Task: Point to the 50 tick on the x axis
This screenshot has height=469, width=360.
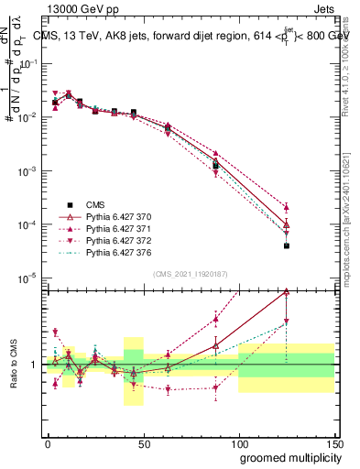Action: pos(143,443)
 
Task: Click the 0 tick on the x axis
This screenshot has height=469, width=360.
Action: pos(48,443)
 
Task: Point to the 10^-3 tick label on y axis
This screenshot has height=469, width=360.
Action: pos(29,171)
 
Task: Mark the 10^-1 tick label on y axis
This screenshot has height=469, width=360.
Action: pos(29,64)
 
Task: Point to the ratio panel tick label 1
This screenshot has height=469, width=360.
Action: pos(33,365)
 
